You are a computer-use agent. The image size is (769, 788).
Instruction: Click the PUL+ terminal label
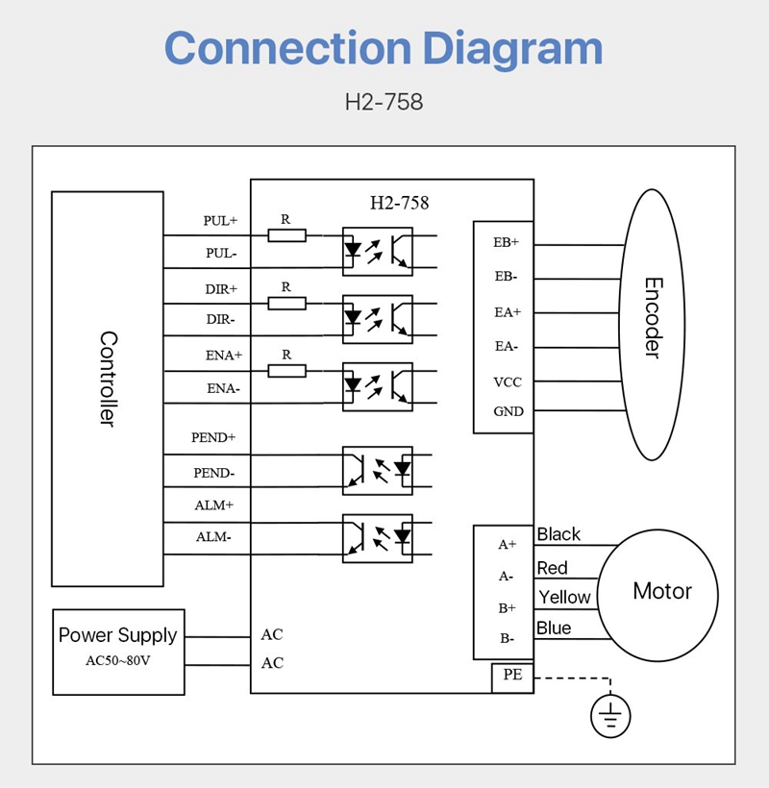pos(220,220)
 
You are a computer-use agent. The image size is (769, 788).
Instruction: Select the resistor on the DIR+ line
pos(286,303)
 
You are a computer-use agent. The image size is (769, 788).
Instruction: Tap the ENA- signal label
pos(223,389)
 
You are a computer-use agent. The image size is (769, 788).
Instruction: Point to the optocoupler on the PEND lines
pos(378,470)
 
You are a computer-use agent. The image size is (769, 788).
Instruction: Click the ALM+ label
pos(214,505)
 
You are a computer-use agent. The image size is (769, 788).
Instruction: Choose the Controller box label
pos(108,379)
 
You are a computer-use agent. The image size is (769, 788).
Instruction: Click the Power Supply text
pos(117,635)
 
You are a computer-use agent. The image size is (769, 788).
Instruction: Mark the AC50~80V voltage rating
pos(118,661)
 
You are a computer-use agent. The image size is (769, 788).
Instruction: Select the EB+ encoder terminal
pos(506,242)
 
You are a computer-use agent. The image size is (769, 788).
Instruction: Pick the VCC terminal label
pos(508,382)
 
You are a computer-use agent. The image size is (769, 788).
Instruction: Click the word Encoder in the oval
pos(653,318)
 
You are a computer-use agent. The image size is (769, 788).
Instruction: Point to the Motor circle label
pos(661,591)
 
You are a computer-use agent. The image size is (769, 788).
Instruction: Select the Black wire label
pos(558,534)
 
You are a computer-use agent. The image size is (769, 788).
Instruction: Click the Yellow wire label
pos(564,597)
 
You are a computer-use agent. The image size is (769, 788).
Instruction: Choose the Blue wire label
pos(554,628)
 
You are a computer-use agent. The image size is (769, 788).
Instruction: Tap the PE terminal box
pos(512,676)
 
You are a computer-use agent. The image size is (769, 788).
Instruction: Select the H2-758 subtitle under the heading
pos(384,102)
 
